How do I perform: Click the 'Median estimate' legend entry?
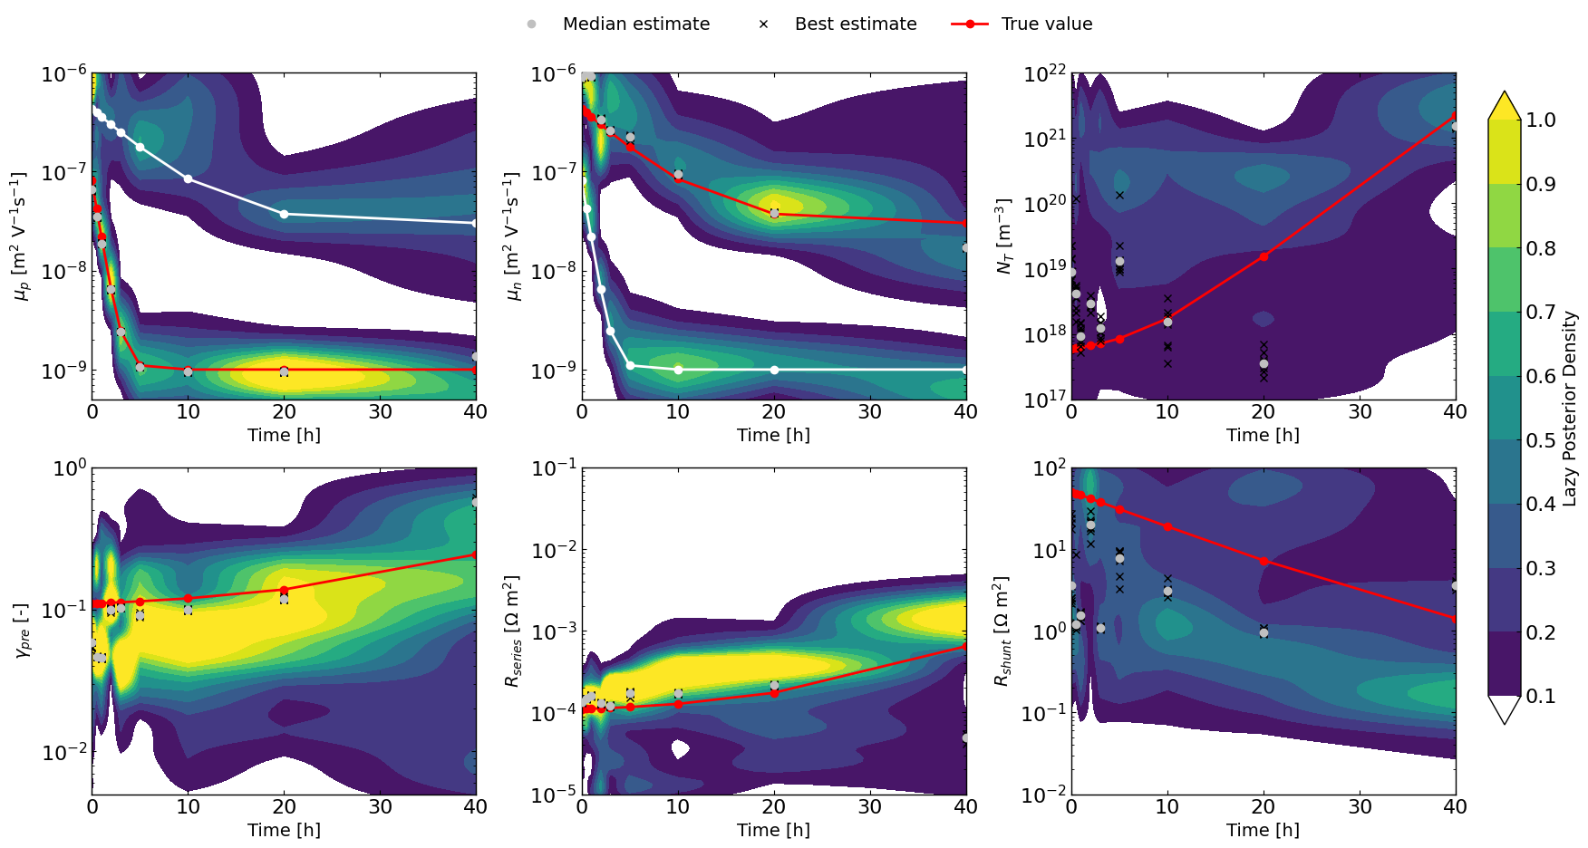(635, 24)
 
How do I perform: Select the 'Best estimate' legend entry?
(855, 24)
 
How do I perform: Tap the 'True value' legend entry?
(1046, 24)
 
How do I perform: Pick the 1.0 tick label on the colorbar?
(1541, 120)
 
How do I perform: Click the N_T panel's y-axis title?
(1002, 236)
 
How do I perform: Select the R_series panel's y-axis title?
(513, 631)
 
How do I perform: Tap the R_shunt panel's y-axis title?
(1002, 631)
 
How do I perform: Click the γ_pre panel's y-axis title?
(24, 631)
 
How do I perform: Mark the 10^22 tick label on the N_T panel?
(1044, 74)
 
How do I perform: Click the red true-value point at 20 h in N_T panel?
(1264, 256)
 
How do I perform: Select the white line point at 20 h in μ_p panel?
(285, 214)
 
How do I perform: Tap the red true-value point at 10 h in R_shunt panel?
(1167, 526)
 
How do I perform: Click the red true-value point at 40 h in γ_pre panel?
(476, 554)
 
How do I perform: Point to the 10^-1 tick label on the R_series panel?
(554, 468)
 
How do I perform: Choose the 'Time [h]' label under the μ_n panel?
(773, 435)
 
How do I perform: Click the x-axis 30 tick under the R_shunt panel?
(1360, 806)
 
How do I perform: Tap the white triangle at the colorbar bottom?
(1505, 710)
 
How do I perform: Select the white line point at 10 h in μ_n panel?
(678, 370)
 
